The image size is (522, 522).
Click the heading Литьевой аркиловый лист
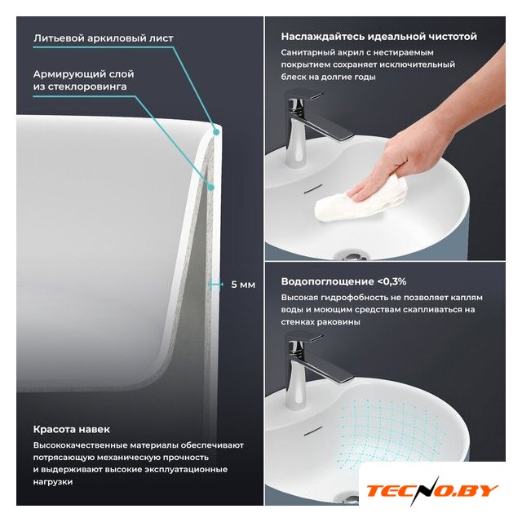(104, 38)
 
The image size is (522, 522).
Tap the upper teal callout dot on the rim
(216, 132)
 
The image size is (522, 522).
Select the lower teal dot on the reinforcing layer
(210, 188)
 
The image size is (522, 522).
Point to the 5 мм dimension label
(243, 285)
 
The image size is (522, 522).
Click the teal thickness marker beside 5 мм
(215, 284)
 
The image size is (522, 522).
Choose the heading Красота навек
(71, 429)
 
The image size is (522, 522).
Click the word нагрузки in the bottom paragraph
(52, 482)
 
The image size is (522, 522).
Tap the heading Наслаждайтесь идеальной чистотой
(378, 36)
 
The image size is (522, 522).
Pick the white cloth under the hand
(361, 200)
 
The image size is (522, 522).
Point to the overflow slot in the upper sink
(313, 188)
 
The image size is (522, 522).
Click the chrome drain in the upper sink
(351, 256)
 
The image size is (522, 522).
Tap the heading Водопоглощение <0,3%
(343, 281)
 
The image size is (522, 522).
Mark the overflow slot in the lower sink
(313, 430)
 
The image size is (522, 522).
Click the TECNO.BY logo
(432, 491)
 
